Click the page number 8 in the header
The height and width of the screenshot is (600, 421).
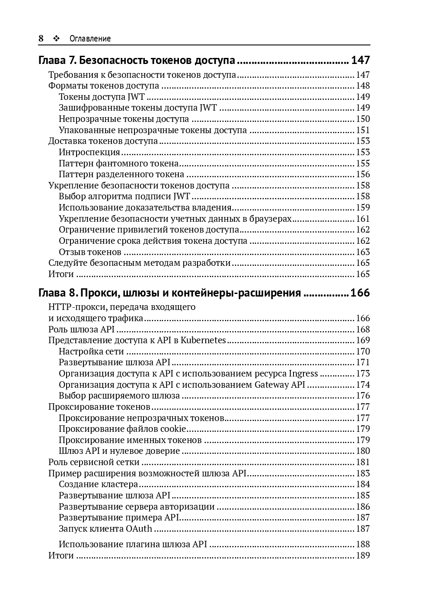tap(41, 38)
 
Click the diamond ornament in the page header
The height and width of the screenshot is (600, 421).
tap(56, 38)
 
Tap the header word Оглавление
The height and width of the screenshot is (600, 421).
tap(90, 38)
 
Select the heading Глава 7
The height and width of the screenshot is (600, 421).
tap(137, 60)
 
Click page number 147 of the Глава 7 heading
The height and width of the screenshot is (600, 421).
tap(360, 60)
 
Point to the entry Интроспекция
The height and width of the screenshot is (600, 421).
tap(89, 152)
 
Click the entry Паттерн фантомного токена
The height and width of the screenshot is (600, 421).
tap(119, 163)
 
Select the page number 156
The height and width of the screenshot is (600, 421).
tap(363, 174)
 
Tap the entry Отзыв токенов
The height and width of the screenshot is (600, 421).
tap(90, 252)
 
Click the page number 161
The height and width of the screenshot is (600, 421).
tap(363, 219)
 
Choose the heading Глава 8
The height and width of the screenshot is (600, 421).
tap(169, 293)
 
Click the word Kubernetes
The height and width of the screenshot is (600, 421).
tap(203, 340)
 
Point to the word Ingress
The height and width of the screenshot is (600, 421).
tap(303, 373)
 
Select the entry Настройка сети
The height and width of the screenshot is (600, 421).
tap(91, 351)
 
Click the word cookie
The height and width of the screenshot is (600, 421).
tap(173, 429)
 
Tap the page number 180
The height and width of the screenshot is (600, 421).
tap(363, 451)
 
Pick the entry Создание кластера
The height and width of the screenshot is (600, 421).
tap(99, 484)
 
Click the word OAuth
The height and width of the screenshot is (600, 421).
tap(139, 529)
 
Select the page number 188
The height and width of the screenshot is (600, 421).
tap(363, 544)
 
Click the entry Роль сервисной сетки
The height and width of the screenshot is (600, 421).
tap(94, 462)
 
